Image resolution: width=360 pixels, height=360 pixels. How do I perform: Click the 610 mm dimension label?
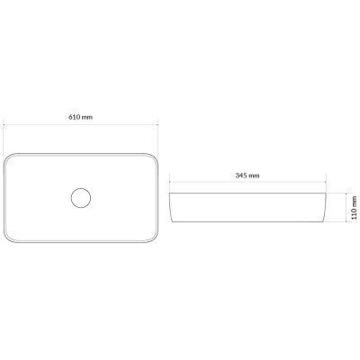click(x=81, y=117)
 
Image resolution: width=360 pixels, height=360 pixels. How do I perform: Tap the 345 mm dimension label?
click(x=247, y=175)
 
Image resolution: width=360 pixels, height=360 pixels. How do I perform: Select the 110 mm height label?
click(x=355, y=208)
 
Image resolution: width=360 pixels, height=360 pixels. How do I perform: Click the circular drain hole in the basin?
click(x=81, y=198)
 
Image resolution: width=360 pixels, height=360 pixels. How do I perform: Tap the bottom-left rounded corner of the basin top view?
click(x=6, y=239)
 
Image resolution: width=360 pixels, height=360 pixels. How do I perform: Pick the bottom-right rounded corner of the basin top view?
click(x=155, y=239)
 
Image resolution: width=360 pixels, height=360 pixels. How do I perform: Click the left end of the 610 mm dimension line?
click(x=4, y=123)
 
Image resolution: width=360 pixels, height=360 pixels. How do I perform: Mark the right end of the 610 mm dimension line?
click(x=157, y=123)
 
